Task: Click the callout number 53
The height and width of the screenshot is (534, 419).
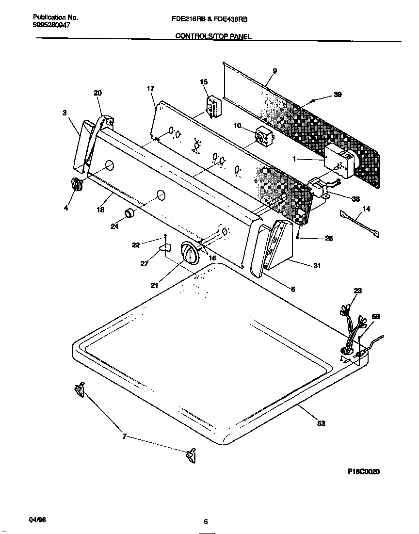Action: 321,423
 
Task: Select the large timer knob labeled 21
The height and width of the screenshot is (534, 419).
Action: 189,253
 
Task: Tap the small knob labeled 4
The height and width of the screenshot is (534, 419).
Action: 76,184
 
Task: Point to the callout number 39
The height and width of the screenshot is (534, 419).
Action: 338,95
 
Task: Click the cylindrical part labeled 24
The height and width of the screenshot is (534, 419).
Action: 129,213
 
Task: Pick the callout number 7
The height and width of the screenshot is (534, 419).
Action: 124,437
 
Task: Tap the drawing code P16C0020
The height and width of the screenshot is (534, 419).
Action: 364,471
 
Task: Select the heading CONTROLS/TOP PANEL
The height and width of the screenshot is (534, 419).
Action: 213,36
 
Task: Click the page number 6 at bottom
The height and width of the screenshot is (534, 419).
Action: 206,522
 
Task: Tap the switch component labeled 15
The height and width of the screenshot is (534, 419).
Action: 211,107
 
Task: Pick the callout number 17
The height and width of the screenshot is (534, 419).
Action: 150,89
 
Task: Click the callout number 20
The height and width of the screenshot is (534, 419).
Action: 97,93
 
